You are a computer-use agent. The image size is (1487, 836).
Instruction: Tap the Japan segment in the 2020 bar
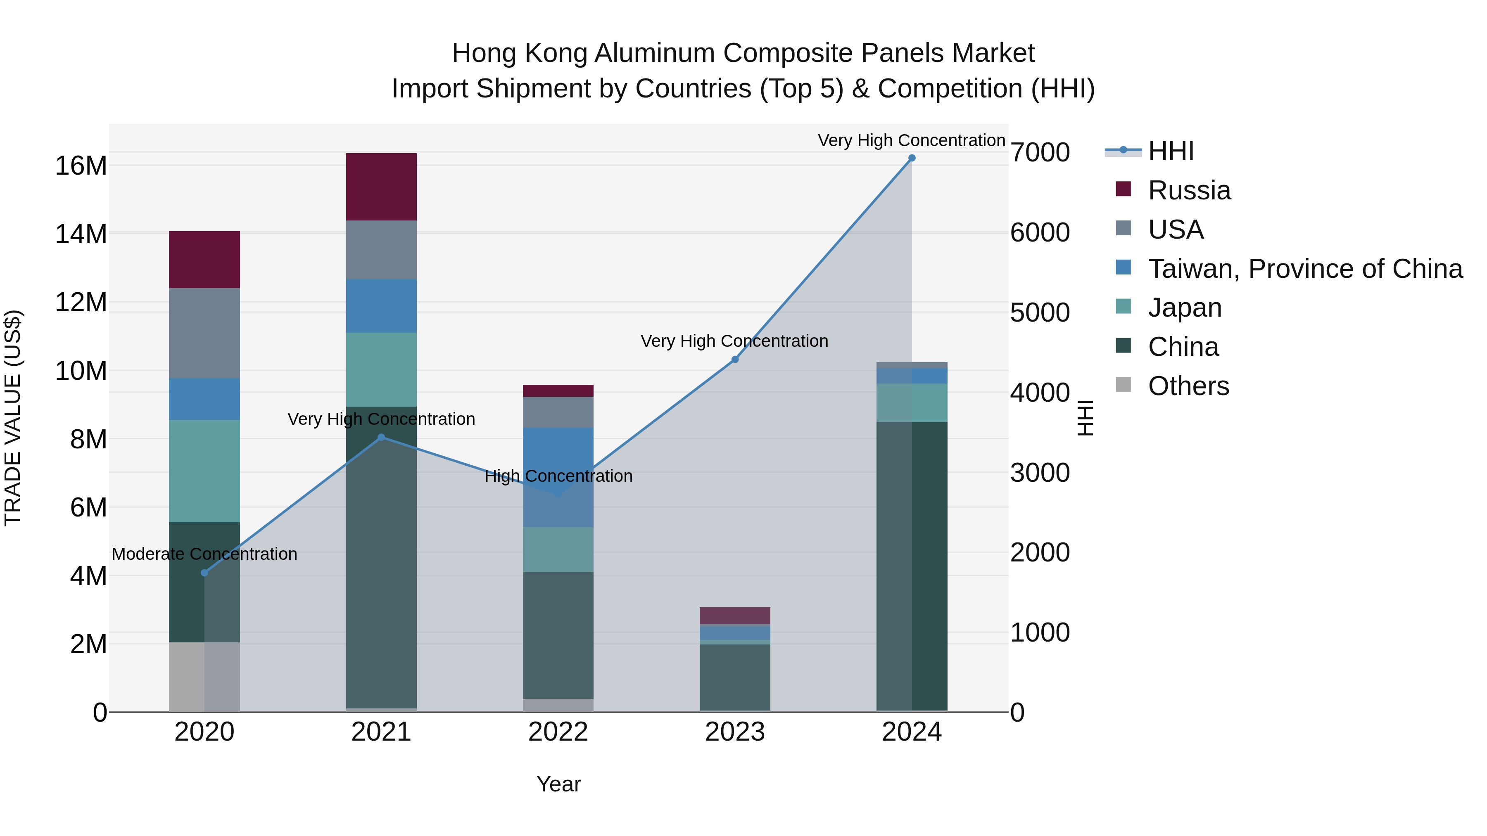coord(204,470)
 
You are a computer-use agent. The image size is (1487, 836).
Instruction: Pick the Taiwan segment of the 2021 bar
coord(381,306)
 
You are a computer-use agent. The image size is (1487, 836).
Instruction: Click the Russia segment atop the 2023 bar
coord(735,615)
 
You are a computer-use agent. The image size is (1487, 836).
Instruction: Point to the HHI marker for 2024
coord(912,158)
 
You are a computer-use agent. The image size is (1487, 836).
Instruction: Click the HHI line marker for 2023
coord(735,360)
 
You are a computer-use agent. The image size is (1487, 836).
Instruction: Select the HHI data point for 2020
coord(204,573)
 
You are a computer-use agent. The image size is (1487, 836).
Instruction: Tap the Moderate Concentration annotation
coord(204,554)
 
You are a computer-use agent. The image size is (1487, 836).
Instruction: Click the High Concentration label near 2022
coord(558,476)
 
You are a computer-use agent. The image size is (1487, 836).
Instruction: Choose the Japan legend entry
coord(1185,308)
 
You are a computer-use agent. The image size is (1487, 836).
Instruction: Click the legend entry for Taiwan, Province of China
coord(1304,268)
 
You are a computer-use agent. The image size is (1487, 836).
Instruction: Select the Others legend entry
coord(1188,386)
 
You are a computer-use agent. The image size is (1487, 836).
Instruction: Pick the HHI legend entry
coord(1171,151)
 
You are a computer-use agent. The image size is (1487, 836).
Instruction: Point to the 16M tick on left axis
coord(81,166)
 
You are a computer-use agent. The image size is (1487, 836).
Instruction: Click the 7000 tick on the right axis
coord(1040,152)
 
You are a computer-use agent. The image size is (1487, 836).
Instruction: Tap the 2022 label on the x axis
coord(558,732)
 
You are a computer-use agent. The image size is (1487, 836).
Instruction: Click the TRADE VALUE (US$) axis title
coord(13,418)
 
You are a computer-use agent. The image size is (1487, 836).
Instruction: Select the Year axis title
coord(558,784)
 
